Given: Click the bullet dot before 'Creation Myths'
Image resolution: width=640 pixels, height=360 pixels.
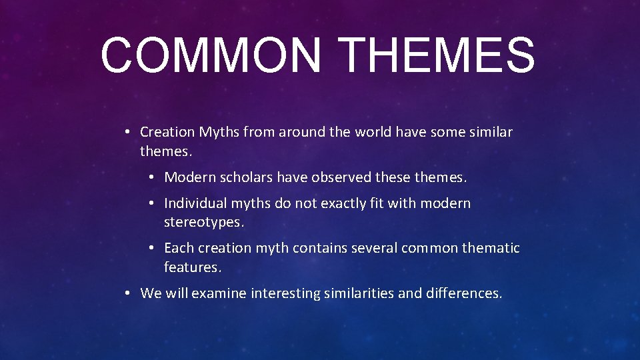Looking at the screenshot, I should (127, 132).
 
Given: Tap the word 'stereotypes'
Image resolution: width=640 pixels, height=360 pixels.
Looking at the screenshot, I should (203, 222).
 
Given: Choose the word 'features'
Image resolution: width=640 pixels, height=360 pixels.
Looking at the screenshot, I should (192, 267).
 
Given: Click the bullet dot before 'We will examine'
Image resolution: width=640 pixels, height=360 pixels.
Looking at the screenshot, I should (127, 293).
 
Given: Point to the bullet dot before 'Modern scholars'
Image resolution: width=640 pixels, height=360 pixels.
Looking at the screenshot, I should (151, 177).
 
